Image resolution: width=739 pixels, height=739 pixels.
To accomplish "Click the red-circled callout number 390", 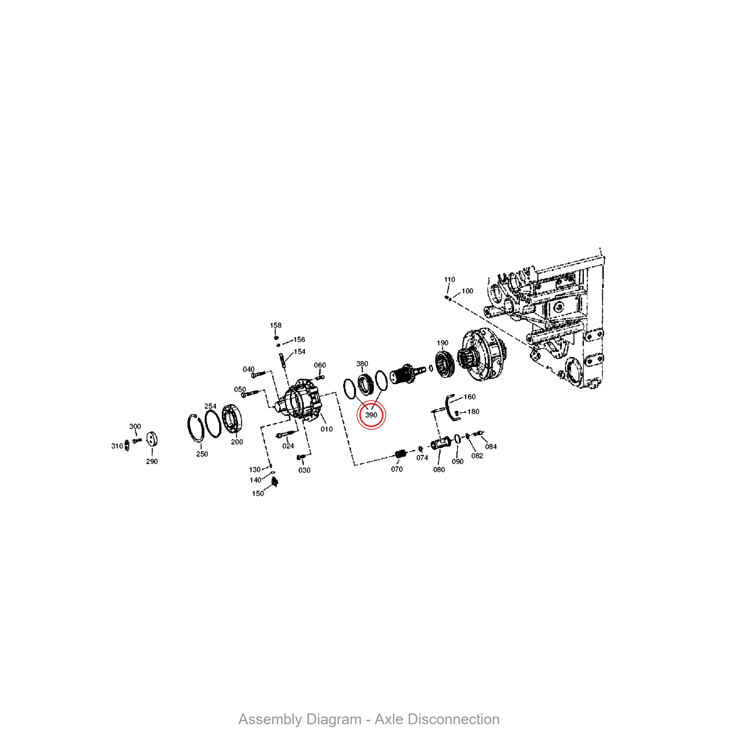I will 371,415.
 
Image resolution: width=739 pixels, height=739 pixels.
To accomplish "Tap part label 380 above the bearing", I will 362,364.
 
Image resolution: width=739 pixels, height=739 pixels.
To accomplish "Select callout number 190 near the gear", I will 442,343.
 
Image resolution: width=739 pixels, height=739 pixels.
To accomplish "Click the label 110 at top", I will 449,280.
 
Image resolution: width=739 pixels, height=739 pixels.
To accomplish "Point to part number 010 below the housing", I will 326,429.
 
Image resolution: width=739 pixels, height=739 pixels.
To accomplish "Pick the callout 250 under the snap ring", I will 202,454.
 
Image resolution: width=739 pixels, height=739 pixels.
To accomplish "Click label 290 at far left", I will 152,461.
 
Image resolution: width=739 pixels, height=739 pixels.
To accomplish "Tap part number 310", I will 117,446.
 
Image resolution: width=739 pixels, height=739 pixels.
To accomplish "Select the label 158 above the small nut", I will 275,325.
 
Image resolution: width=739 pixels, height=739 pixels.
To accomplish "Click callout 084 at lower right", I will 491,446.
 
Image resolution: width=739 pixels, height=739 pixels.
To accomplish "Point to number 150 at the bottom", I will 258,493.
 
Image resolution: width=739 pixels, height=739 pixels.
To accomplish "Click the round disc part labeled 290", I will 152,439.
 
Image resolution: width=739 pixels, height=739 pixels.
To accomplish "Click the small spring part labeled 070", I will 400,454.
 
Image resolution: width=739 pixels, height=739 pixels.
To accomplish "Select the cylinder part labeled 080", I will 440,444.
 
